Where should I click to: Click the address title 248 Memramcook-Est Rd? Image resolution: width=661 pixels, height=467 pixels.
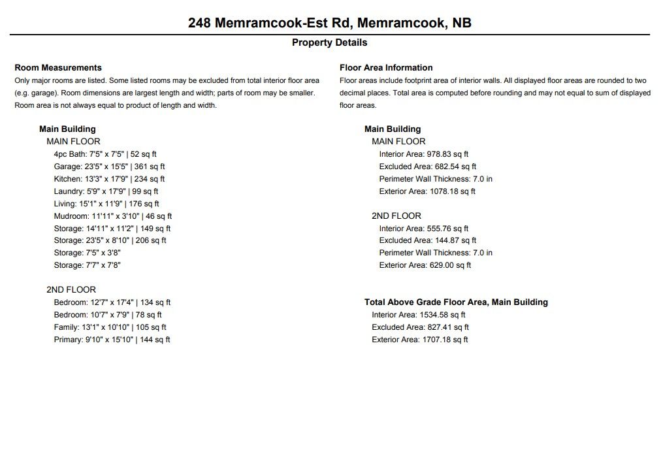coord(329,23)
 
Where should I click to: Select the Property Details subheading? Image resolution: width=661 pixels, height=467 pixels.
coord(329,42)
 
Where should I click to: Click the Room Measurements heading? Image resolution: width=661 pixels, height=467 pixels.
coord(58,67)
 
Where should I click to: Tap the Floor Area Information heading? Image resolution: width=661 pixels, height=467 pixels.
coord(386,67)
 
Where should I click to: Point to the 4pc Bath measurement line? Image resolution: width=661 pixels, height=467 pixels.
coord(105,154)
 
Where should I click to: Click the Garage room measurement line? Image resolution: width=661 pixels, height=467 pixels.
coord(109,167)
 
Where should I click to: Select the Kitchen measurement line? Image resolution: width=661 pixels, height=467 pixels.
coord(109,179)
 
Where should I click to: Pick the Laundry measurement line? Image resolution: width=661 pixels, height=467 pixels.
coord(106,191)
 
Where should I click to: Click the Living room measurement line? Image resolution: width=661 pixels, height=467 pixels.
coord(106,204)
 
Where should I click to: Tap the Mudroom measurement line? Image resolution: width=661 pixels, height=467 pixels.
coord(113,216)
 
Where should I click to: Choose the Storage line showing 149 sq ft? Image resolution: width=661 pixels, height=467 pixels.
coord(112,229)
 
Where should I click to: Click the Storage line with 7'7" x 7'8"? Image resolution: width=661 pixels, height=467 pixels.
coord(88,265)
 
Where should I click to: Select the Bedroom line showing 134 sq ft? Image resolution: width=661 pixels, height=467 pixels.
coord(112,302)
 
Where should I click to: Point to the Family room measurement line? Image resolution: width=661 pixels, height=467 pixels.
coord(110,327)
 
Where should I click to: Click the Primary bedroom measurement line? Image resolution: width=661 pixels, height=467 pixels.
coord(112,340)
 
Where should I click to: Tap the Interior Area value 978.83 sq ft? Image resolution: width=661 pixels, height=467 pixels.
coord(424,154)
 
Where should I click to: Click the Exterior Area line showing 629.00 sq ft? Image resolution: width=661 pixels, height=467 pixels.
coord(425,265)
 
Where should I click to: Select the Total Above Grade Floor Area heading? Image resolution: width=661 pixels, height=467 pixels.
coord(456,302)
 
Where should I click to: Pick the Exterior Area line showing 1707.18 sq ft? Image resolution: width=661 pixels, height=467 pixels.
coord(420,340)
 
